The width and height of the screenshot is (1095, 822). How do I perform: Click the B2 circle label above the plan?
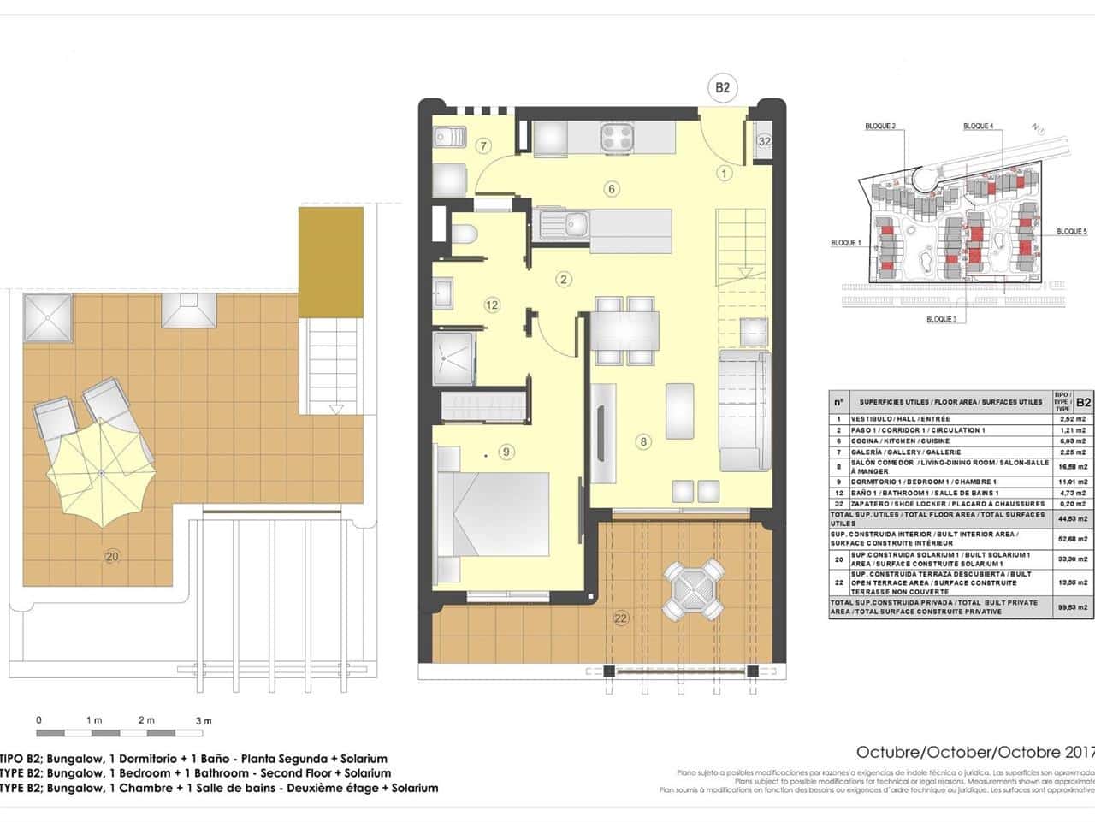pos(723,87)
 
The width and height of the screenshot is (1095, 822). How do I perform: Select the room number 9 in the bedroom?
pos(506,452)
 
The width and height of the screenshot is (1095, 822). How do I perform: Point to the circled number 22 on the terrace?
pos(621,618)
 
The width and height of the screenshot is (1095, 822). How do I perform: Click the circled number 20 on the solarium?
pos(111,557)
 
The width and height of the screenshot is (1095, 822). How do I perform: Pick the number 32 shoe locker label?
pos(764,141)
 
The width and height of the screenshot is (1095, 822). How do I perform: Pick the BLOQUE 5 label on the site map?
pos(1071,232)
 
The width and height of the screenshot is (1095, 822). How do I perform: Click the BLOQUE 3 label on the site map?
pos(941,319)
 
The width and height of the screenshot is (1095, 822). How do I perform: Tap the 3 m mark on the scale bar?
pos(203,721)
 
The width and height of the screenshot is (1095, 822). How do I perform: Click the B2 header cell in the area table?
pos(1083,401)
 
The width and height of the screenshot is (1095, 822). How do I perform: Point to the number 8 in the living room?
pos(642,442)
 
